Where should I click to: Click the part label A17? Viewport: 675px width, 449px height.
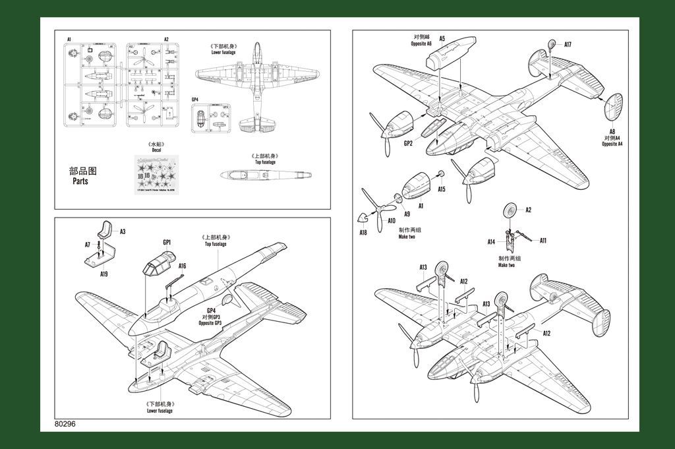pyautogui.click(x=568, y=45)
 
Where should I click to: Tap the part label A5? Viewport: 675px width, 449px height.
pyautogui.click(x=442, y=39)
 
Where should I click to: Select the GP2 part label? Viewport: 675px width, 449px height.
pyautogui.click(x=408, y=143)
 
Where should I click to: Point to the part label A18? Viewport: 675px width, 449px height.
pyautogui.click(x=363, y=232)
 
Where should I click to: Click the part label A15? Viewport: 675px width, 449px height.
pyautogui.click(x=441, y=189)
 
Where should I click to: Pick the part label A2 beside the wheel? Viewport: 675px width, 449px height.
pyautogui.click(x=528, y=210)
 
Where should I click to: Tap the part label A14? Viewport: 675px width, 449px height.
pyautogui.click(x=491, y=242)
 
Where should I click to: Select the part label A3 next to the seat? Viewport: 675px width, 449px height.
pyautogui.click(x=123, y=231)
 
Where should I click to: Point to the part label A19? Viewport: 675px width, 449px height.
pyautogui.click(x=104, y=273)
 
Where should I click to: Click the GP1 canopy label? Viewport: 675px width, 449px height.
pyautogui.click(x=167, y=242)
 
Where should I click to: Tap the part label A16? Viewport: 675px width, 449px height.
pyautogui.click(x=182, y=266)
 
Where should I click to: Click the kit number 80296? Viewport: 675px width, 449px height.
pyautogui.click(x=67, y=425)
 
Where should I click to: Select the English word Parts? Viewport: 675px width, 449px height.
pyautogui.click(x=80, y=181)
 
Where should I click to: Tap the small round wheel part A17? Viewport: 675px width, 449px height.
pyautogui.click(x=552, y=45)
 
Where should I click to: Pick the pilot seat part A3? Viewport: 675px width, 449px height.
pyautogui.click(x=106, y=228)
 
